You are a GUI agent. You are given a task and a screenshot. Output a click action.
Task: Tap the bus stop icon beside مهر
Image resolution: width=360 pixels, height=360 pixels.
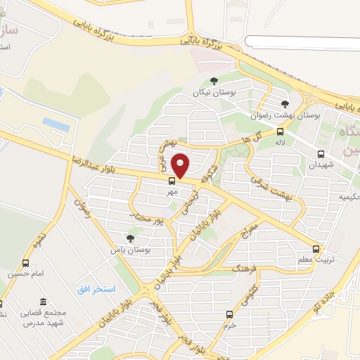click(x=173, y=181)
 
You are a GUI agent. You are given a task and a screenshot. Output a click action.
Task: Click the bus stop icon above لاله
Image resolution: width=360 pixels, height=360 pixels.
click(x=281, y=131)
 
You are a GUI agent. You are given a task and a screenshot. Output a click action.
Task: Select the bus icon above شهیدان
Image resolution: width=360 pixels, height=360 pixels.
click(x=321, y=155)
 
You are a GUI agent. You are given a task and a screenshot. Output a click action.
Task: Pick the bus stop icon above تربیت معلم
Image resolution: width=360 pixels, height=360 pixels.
click(x=316, y=249)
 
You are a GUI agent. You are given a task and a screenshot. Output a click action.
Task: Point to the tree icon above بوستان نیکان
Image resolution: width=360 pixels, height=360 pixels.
click(x=214, y=82)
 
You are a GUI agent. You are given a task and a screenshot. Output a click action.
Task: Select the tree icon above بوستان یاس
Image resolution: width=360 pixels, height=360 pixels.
click(x=129, y=238)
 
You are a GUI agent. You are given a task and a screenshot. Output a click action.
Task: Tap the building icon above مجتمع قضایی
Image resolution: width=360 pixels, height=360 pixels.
click(x=43, y=301)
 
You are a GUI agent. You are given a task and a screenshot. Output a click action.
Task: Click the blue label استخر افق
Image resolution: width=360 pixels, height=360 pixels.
click(x=96, y=290)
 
